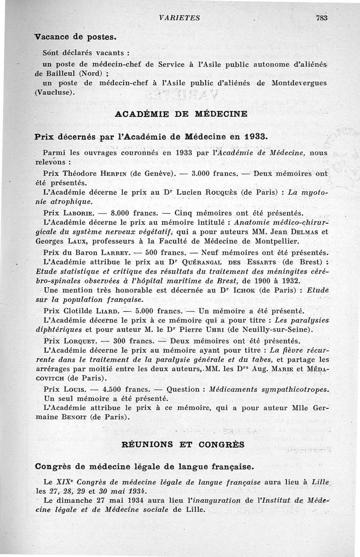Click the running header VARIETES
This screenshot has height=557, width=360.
coord(180,18)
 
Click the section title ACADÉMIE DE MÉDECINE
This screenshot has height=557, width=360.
coord(181,114)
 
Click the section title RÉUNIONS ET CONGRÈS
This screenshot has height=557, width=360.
coord(183,445)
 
